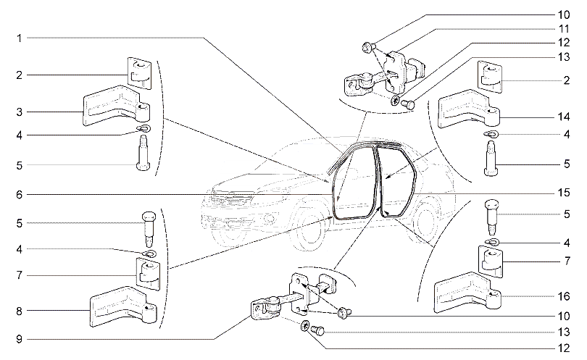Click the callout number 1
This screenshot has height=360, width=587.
(x=19, y=38)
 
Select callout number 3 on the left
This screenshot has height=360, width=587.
(x=19, y=112)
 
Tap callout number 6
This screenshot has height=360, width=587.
(x=19, y=195)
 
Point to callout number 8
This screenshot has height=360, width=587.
(x=19, y=311)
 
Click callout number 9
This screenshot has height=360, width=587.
(x=19, y=339)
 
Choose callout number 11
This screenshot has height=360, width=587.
(x=564, y=29)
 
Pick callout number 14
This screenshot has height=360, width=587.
(x=564, y=117)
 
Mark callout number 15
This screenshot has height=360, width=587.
(x=564, y=193)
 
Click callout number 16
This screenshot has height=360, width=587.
(x=564, y=296)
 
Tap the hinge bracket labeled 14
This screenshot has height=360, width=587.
(x=468, y=109)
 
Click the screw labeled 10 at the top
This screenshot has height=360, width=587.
(x=367, y=47)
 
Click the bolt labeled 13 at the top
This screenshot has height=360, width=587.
(x=408, y=104)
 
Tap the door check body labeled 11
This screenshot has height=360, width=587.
(x=402, y=71)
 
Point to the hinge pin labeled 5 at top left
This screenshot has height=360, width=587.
(x=143, y=153)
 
